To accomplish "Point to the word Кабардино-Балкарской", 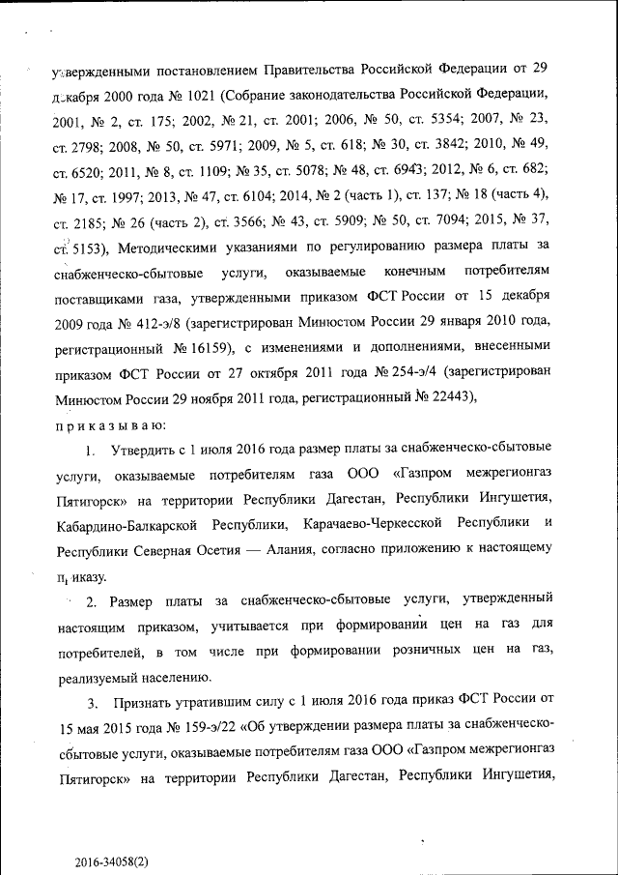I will click(x=125, y=525).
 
